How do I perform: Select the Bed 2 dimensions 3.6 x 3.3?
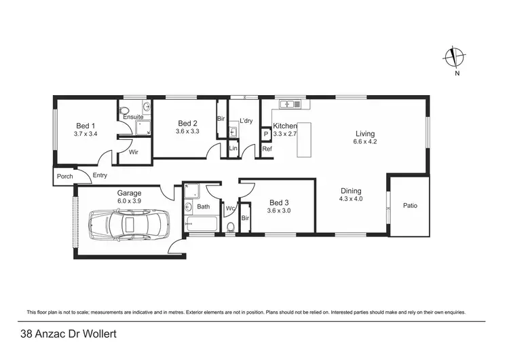(187, 131)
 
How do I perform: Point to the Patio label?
(409, 205)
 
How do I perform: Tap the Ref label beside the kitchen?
(267, 149)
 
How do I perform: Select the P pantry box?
(266, 134)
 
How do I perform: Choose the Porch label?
(65, 177)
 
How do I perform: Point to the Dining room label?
(351, 191)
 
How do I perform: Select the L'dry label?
(246, 121)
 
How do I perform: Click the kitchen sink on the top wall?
(290, 105)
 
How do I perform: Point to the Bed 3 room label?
(280, 202)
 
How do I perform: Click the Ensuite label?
(132, 118)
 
